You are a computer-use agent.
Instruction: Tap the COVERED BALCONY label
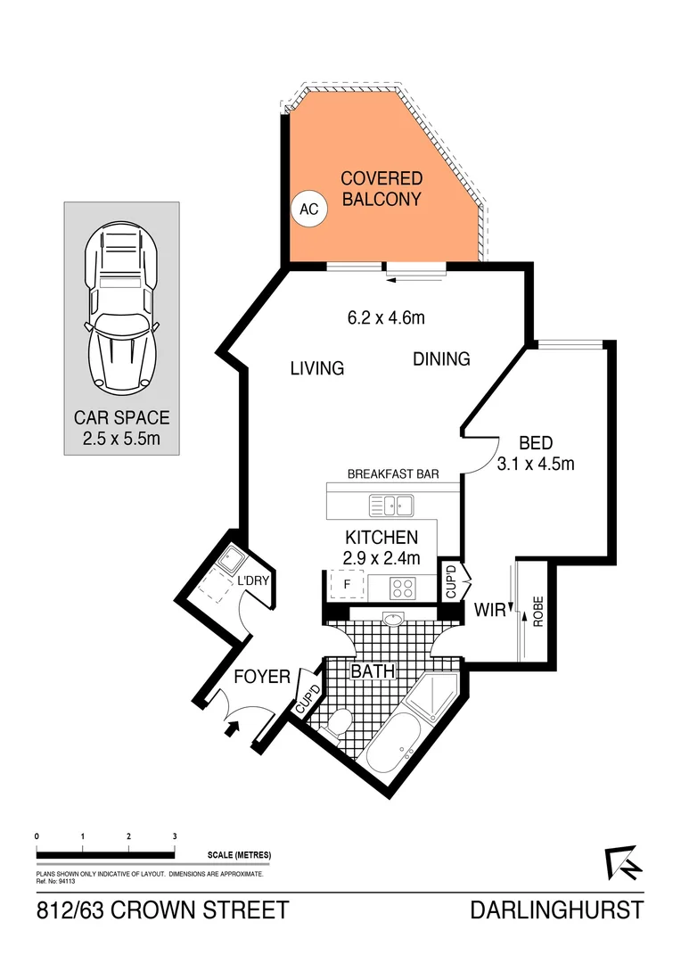click(381, 189)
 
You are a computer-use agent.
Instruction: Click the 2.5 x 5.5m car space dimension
click(121, 440)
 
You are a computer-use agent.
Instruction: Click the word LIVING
click(316, 368)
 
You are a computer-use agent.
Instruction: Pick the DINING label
click(440, 359)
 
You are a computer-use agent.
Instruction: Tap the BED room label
click(536, 442)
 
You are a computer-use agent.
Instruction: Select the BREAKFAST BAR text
click(392, 475)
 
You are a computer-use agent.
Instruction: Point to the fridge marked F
click(339, 586)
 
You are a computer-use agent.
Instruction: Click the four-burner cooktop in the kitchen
click(403, 588)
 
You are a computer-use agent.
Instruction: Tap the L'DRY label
click(252, 582)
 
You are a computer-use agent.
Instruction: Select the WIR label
click(490, 611)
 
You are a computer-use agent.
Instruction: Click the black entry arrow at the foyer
click(234, 728)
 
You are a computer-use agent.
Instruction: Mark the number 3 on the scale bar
click(175, 835)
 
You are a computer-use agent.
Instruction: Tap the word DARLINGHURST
click(556, 910)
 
